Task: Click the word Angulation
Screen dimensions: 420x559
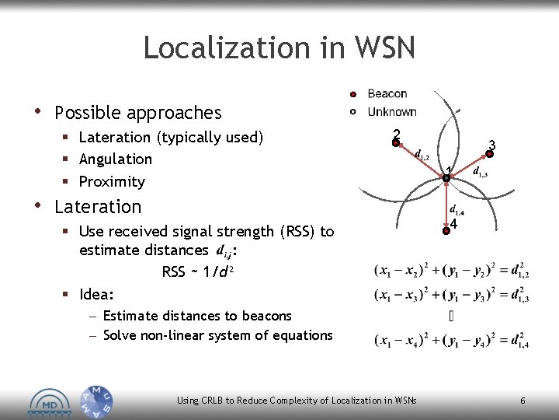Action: [116, 159]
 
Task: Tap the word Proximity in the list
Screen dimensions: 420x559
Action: [112, 181]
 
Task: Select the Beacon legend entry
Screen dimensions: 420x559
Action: [387, 94]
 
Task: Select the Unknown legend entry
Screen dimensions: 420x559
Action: [391, 112]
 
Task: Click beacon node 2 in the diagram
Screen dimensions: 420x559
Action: [395, 142]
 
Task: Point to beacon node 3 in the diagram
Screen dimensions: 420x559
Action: [490, 153]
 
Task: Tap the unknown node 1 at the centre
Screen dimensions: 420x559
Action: [446, 178]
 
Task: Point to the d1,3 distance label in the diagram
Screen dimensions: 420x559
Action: [480, 173]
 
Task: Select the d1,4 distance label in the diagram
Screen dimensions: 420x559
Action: [457, 209]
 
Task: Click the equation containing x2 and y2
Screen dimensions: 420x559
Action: [452, 271]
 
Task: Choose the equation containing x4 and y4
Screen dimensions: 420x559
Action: [452, 341]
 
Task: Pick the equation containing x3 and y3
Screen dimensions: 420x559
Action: [452, 296]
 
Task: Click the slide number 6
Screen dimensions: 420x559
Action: [523, 401]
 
